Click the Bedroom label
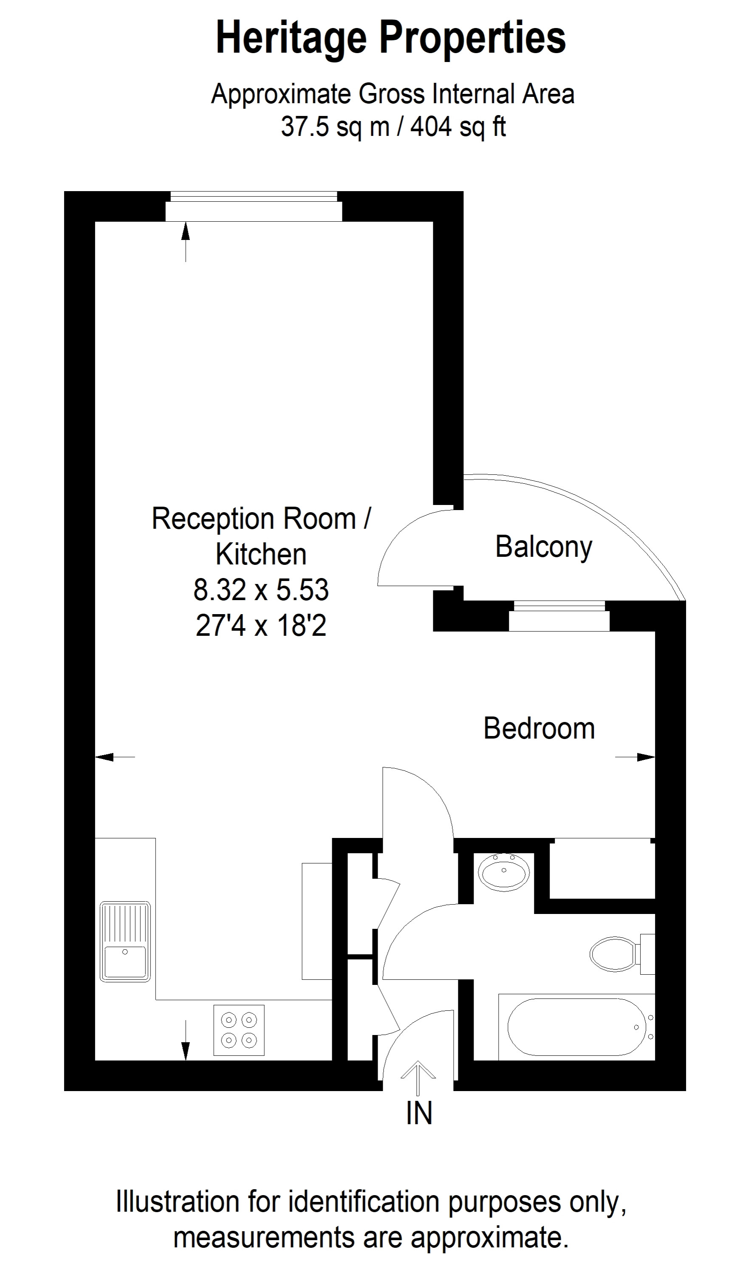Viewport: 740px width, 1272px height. pyautogui.click(x=539, y=728)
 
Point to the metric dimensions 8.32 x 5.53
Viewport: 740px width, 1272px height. pyautogui.click(x=261, y=589)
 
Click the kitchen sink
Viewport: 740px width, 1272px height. pyautogui.click(x=125, y=942)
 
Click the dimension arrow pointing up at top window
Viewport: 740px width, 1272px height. pyautogui.click(x=186, y=242)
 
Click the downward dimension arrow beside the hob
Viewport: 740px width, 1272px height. pyautogui.click(x=186, y=1040)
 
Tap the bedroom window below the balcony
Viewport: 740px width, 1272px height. pyautogui.click(x=559, y=616)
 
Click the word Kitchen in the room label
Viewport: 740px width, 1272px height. pyautogui.click(x=261, y=554)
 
